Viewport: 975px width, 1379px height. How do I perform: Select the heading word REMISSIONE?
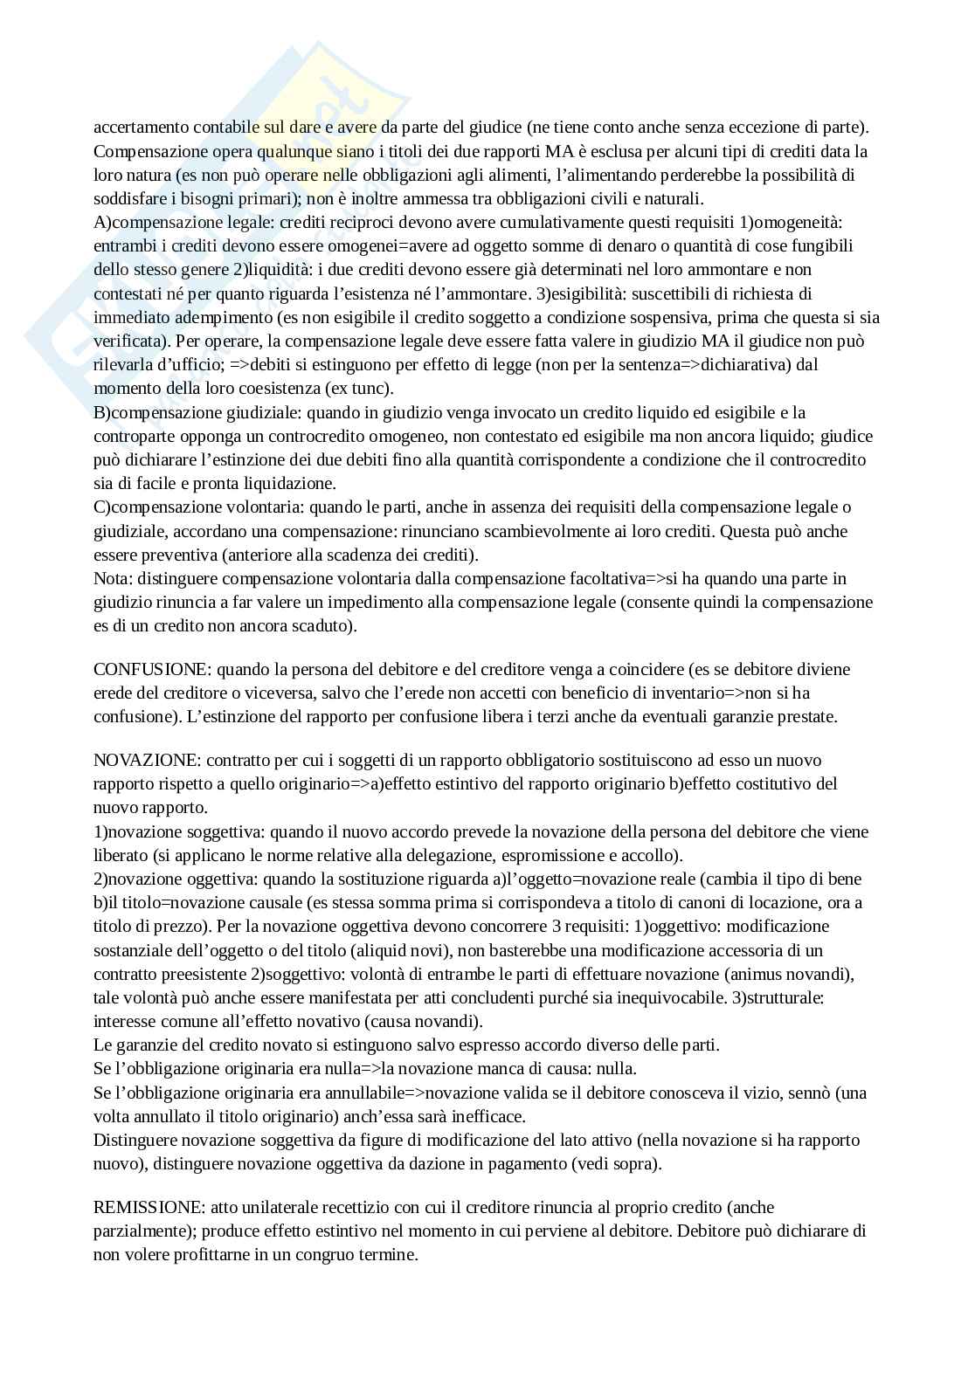click(x=149, y=1208)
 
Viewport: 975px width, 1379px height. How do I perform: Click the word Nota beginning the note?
click(x=110, y=579)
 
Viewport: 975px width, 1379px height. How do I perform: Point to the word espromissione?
click(x=550, y=856)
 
